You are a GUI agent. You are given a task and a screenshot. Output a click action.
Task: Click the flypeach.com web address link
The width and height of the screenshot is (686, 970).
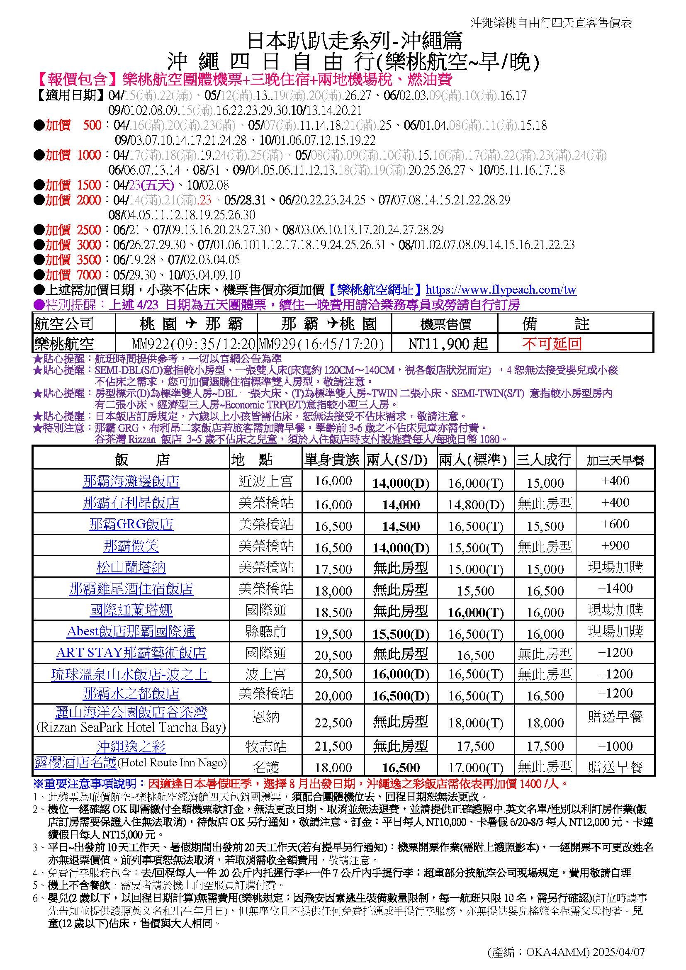point(501,290)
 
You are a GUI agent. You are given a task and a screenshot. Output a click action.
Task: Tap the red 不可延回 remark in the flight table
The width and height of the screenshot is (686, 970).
point(552,343)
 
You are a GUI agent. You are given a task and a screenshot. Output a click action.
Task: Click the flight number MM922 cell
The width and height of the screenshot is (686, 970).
point(194,344)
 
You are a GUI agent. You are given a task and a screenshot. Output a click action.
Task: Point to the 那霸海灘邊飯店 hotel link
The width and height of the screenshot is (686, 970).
point(131,481)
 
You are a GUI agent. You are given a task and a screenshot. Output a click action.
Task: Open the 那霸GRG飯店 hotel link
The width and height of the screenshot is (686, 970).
point(131,524)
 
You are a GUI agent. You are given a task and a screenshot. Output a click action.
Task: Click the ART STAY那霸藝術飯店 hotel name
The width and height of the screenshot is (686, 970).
point(131,653)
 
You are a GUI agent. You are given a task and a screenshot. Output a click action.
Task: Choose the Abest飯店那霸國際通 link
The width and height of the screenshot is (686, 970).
point(131,632)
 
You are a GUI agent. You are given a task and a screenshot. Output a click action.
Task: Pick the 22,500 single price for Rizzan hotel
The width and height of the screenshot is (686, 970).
point(333,722)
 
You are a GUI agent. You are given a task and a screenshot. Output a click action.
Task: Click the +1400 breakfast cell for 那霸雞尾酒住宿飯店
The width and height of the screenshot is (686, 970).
point(615,588)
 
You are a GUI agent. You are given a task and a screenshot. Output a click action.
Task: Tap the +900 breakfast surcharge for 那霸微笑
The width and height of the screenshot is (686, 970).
point(615,545)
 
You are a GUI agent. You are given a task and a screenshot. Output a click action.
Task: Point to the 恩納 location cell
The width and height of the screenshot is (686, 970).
point(266,717)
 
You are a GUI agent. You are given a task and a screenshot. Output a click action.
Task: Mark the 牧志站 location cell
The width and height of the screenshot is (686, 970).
point(266,746)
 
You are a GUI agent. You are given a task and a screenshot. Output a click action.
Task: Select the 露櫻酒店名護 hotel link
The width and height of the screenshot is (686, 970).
point(75,763)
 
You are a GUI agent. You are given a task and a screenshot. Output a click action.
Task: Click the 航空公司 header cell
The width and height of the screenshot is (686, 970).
point(63,324)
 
